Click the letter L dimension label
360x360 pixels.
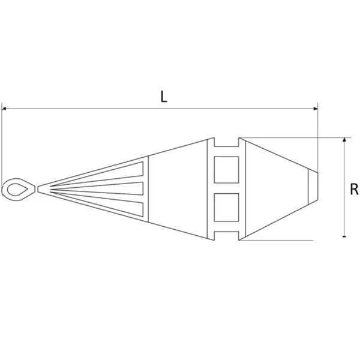click(x=164, y=97)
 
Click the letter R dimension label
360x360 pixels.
click(x=354, y=190)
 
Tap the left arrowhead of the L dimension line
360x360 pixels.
click(x=4, y=109)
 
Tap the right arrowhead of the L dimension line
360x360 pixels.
click(x=316, y=109)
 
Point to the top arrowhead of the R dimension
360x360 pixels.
click(x=344, y=140)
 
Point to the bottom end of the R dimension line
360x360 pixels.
click(x=344, y=236)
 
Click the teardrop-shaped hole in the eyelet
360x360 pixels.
click(x=17, y=190)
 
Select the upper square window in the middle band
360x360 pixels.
click(x=226, y=170)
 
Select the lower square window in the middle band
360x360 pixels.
click(x=226, y=208)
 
